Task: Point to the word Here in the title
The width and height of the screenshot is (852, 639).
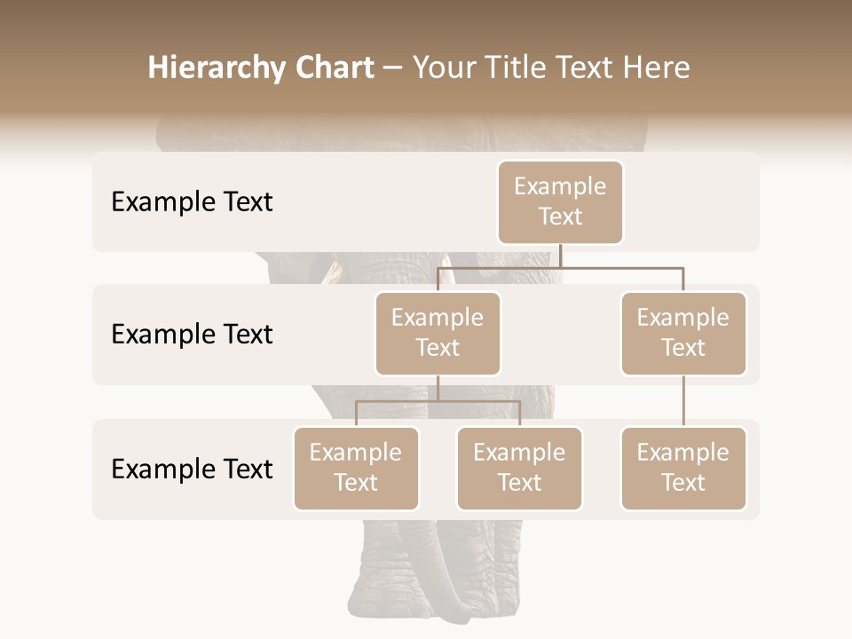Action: pos(658,67)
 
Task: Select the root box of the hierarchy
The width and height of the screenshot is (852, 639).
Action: pos(560,201)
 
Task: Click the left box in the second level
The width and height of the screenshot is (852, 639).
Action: pos(438,333)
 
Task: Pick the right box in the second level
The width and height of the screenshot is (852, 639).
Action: pos(683,333)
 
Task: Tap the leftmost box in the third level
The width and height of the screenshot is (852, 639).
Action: pos(356,468)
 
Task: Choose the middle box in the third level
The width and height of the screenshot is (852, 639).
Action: pos(519,468)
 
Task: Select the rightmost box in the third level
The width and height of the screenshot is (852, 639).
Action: pos(683,468)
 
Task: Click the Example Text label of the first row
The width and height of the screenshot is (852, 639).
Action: pos(192,202)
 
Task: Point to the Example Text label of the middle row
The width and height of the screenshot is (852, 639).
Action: pos(192,335)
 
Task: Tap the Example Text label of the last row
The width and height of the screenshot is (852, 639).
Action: pos(192,469)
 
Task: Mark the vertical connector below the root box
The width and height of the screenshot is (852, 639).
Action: pos(560,256)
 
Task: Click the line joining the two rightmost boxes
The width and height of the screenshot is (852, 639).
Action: pos(683,401)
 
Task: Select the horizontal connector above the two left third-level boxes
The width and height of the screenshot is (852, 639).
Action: pos(438,401)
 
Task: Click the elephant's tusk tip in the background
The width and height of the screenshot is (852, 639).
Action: pos(335,271)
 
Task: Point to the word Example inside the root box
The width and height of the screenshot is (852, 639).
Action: pos(560,186)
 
